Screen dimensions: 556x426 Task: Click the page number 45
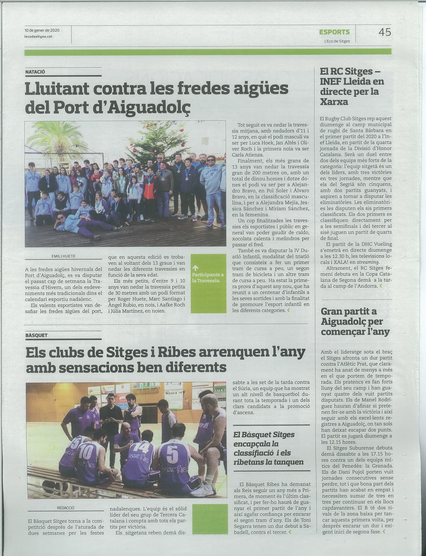384,32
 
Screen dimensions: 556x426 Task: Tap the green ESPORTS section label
334,32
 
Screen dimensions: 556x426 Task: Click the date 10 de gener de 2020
42,30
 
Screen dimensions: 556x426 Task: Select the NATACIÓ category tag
35,72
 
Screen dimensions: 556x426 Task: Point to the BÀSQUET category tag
37,335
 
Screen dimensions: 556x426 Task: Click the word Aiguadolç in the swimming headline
151,107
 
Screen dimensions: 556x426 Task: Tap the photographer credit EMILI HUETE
63,256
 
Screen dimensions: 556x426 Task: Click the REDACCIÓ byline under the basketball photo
65,508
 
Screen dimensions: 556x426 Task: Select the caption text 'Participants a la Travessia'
208,278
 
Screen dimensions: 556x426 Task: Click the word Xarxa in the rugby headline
334,102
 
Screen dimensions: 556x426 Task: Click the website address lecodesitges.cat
38,36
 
